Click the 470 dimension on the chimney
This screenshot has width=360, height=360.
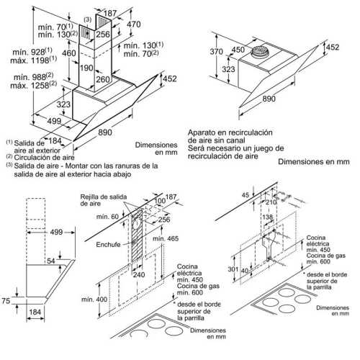(134, 24)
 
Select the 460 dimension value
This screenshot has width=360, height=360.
(69, 53)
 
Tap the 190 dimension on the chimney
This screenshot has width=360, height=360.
(86, 68)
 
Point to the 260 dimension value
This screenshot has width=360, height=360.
(103, 79)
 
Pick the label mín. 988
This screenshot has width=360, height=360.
(30, 77)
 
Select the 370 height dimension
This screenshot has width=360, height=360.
(217, 52)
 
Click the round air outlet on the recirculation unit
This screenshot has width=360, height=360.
(258, 50)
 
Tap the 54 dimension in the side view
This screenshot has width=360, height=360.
(51, 261)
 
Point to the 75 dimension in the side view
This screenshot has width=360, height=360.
(6, 301)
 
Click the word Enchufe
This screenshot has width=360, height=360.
(108, 245)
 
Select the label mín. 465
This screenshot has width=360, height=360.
(166, 238)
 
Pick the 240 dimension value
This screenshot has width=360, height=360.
(139, 274)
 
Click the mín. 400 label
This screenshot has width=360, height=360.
(94, 300)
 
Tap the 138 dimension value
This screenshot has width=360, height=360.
(267, 217)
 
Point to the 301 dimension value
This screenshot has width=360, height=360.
(233, 269)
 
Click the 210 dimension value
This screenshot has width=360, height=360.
(271, 202)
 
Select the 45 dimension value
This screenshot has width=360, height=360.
(246, 195)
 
